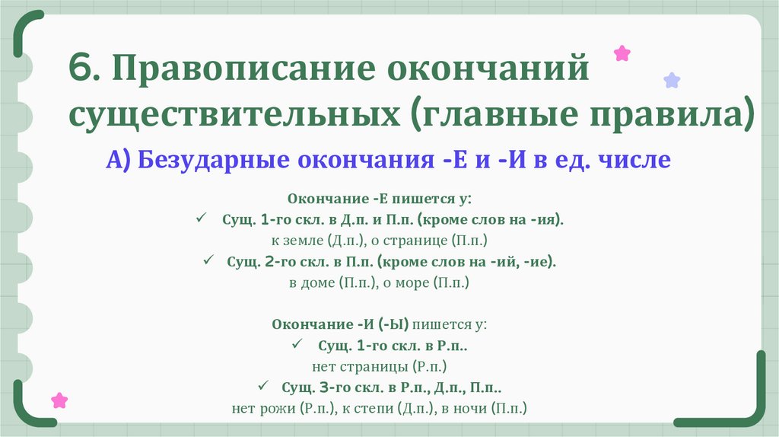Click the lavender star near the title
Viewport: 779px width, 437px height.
[672, 80]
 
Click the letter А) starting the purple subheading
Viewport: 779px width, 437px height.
[119, 161]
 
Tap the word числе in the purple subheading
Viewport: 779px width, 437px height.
[638, 161]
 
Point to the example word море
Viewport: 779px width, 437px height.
[411, 282]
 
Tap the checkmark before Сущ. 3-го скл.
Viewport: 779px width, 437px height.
[263, 387]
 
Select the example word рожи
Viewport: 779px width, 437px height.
[279, 408]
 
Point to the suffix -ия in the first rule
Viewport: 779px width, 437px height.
[545, 219]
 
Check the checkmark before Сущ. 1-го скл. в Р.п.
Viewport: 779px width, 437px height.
[298, 345]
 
